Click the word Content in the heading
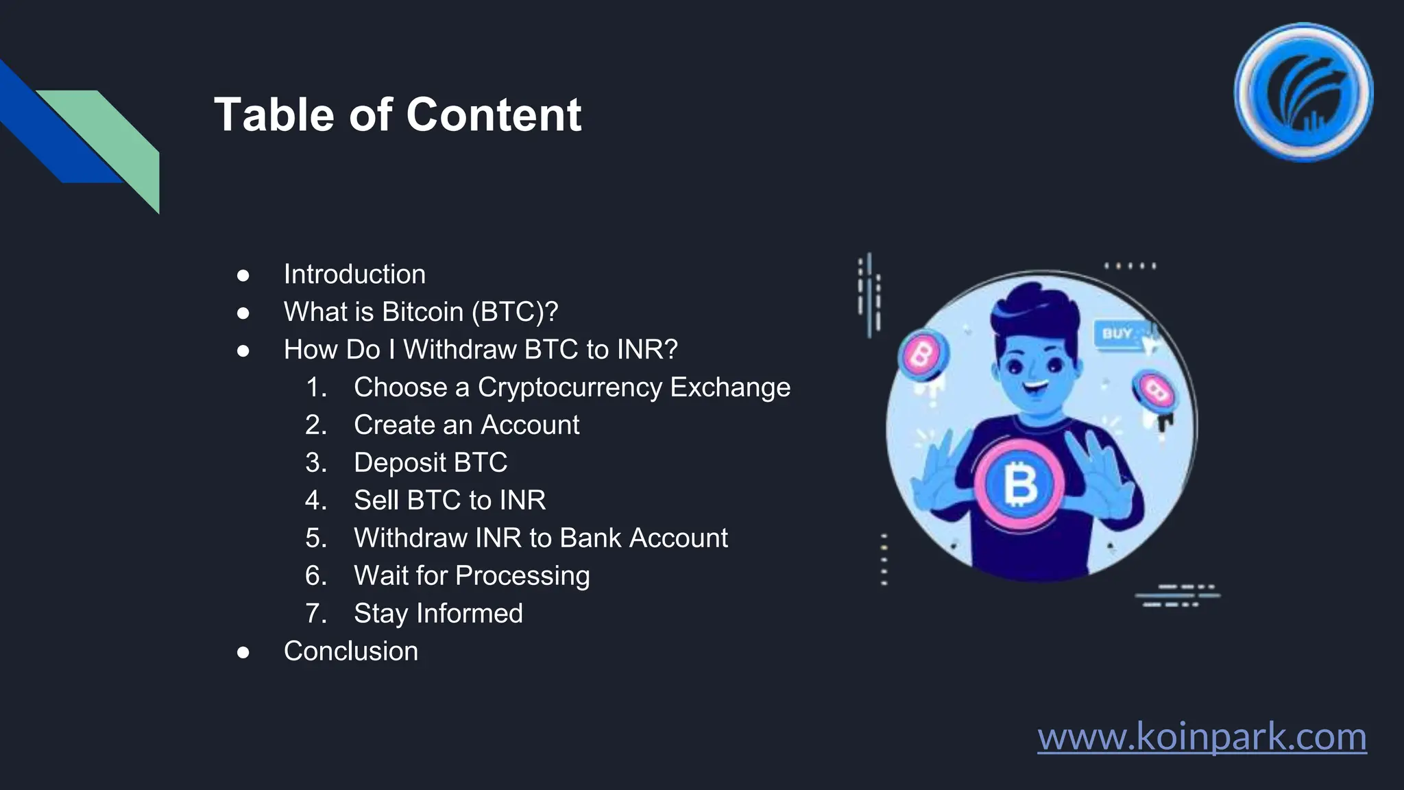point(494,115)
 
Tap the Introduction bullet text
point(354,274)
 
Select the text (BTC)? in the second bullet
point(514,312)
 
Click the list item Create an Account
point(466,425)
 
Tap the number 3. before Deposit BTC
point(316,463)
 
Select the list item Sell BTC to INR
point(450,501)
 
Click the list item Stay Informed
point(438,614)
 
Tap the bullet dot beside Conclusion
point(243,652)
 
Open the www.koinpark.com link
point(1201,737)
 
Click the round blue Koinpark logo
point(1303,93)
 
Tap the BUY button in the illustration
point(1117,334)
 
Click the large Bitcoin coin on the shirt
point(1019,484)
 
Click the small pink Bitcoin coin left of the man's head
point(922,354)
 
